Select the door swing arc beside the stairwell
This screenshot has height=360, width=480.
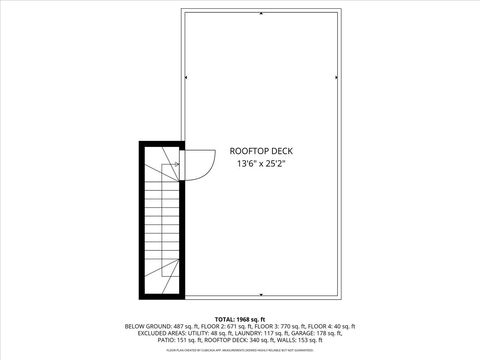point(200,163)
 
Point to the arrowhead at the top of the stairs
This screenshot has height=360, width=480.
point(176,163)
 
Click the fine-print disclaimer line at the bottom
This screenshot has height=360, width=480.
point(240,351)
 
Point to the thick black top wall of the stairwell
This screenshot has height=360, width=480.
point(160,143)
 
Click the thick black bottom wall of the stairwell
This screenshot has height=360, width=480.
point(160,296)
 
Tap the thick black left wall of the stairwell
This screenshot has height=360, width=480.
point(143,220)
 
